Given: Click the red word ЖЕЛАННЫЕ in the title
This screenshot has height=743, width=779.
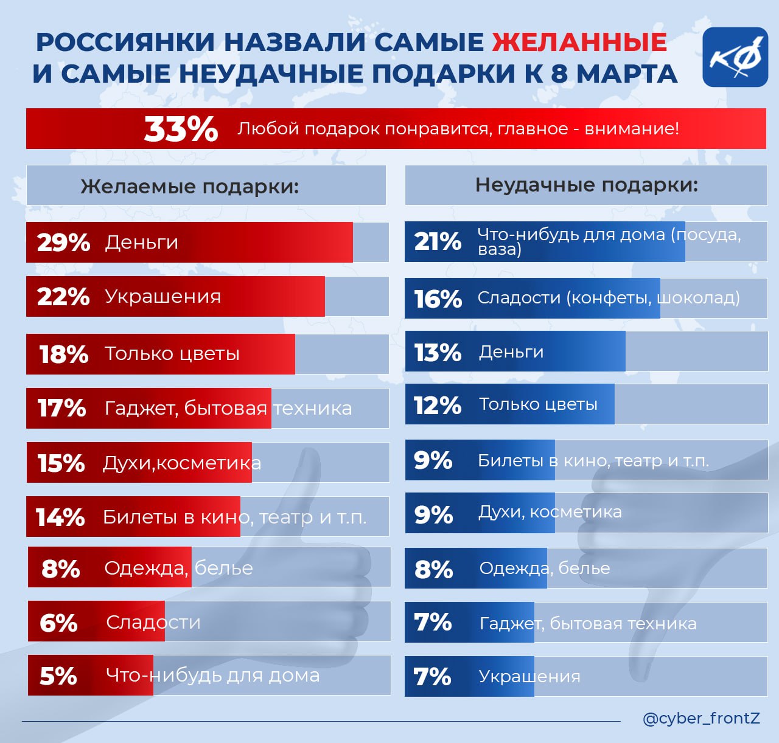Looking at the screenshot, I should click(x=579, y=43).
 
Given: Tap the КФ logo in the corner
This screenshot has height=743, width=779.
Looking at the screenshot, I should click(x=735, y=57).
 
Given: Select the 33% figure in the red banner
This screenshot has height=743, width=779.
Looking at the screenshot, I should click(x=181, y=129).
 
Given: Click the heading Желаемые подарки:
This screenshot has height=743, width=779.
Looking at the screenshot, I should click(x=190, y=186).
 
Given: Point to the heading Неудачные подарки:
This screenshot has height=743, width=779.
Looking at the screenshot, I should click(x=587, y=185).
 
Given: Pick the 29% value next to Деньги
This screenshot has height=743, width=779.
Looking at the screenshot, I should click(x=63, y=243).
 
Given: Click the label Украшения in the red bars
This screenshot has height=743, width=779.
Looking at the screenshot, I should click(x=162, y=297).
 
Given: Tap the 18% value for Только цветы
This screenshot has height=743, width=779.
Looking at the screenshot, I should click(x=64, y=354).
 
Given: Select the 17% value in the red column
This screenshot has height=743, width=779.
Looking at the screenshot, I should click(x=61, y=408).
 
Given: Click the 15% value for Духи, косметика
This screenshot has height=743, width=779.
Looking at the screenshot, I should click(x=61, y=463).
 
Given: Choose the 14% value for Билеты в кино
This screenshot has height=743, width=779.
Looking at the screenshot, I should click(x=60, y=517).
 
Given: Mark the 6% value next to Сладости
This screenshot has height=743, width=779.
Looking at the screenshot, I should click(x=58, y=623).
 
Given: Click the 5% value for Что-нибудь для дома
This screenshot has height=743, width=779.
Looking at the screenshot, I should click(x=58, y=676).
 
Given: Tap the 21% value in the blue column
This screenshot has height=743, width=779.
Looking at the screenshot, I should click(x=438, y=241).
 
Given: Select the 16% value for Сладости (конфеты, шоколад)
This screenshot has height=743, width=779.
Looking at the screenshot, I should click(x=438, y=299).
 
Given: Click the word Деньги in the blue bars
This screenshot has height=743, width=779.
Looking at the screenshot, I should click(x=511, y=352).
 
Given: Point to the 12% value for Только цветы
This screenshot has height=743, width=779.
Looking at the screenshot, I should click(x=438, y=405).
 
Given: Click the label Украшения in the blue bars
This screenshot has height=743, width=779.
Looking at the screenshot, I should click(x=529, y=677).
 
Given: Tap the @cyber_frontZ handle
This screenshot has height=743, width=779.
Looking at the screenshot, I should click(x=701, y=719).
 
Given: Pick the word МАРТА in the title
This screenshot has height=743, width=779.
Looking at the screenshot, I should click(x=627, y=74).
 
